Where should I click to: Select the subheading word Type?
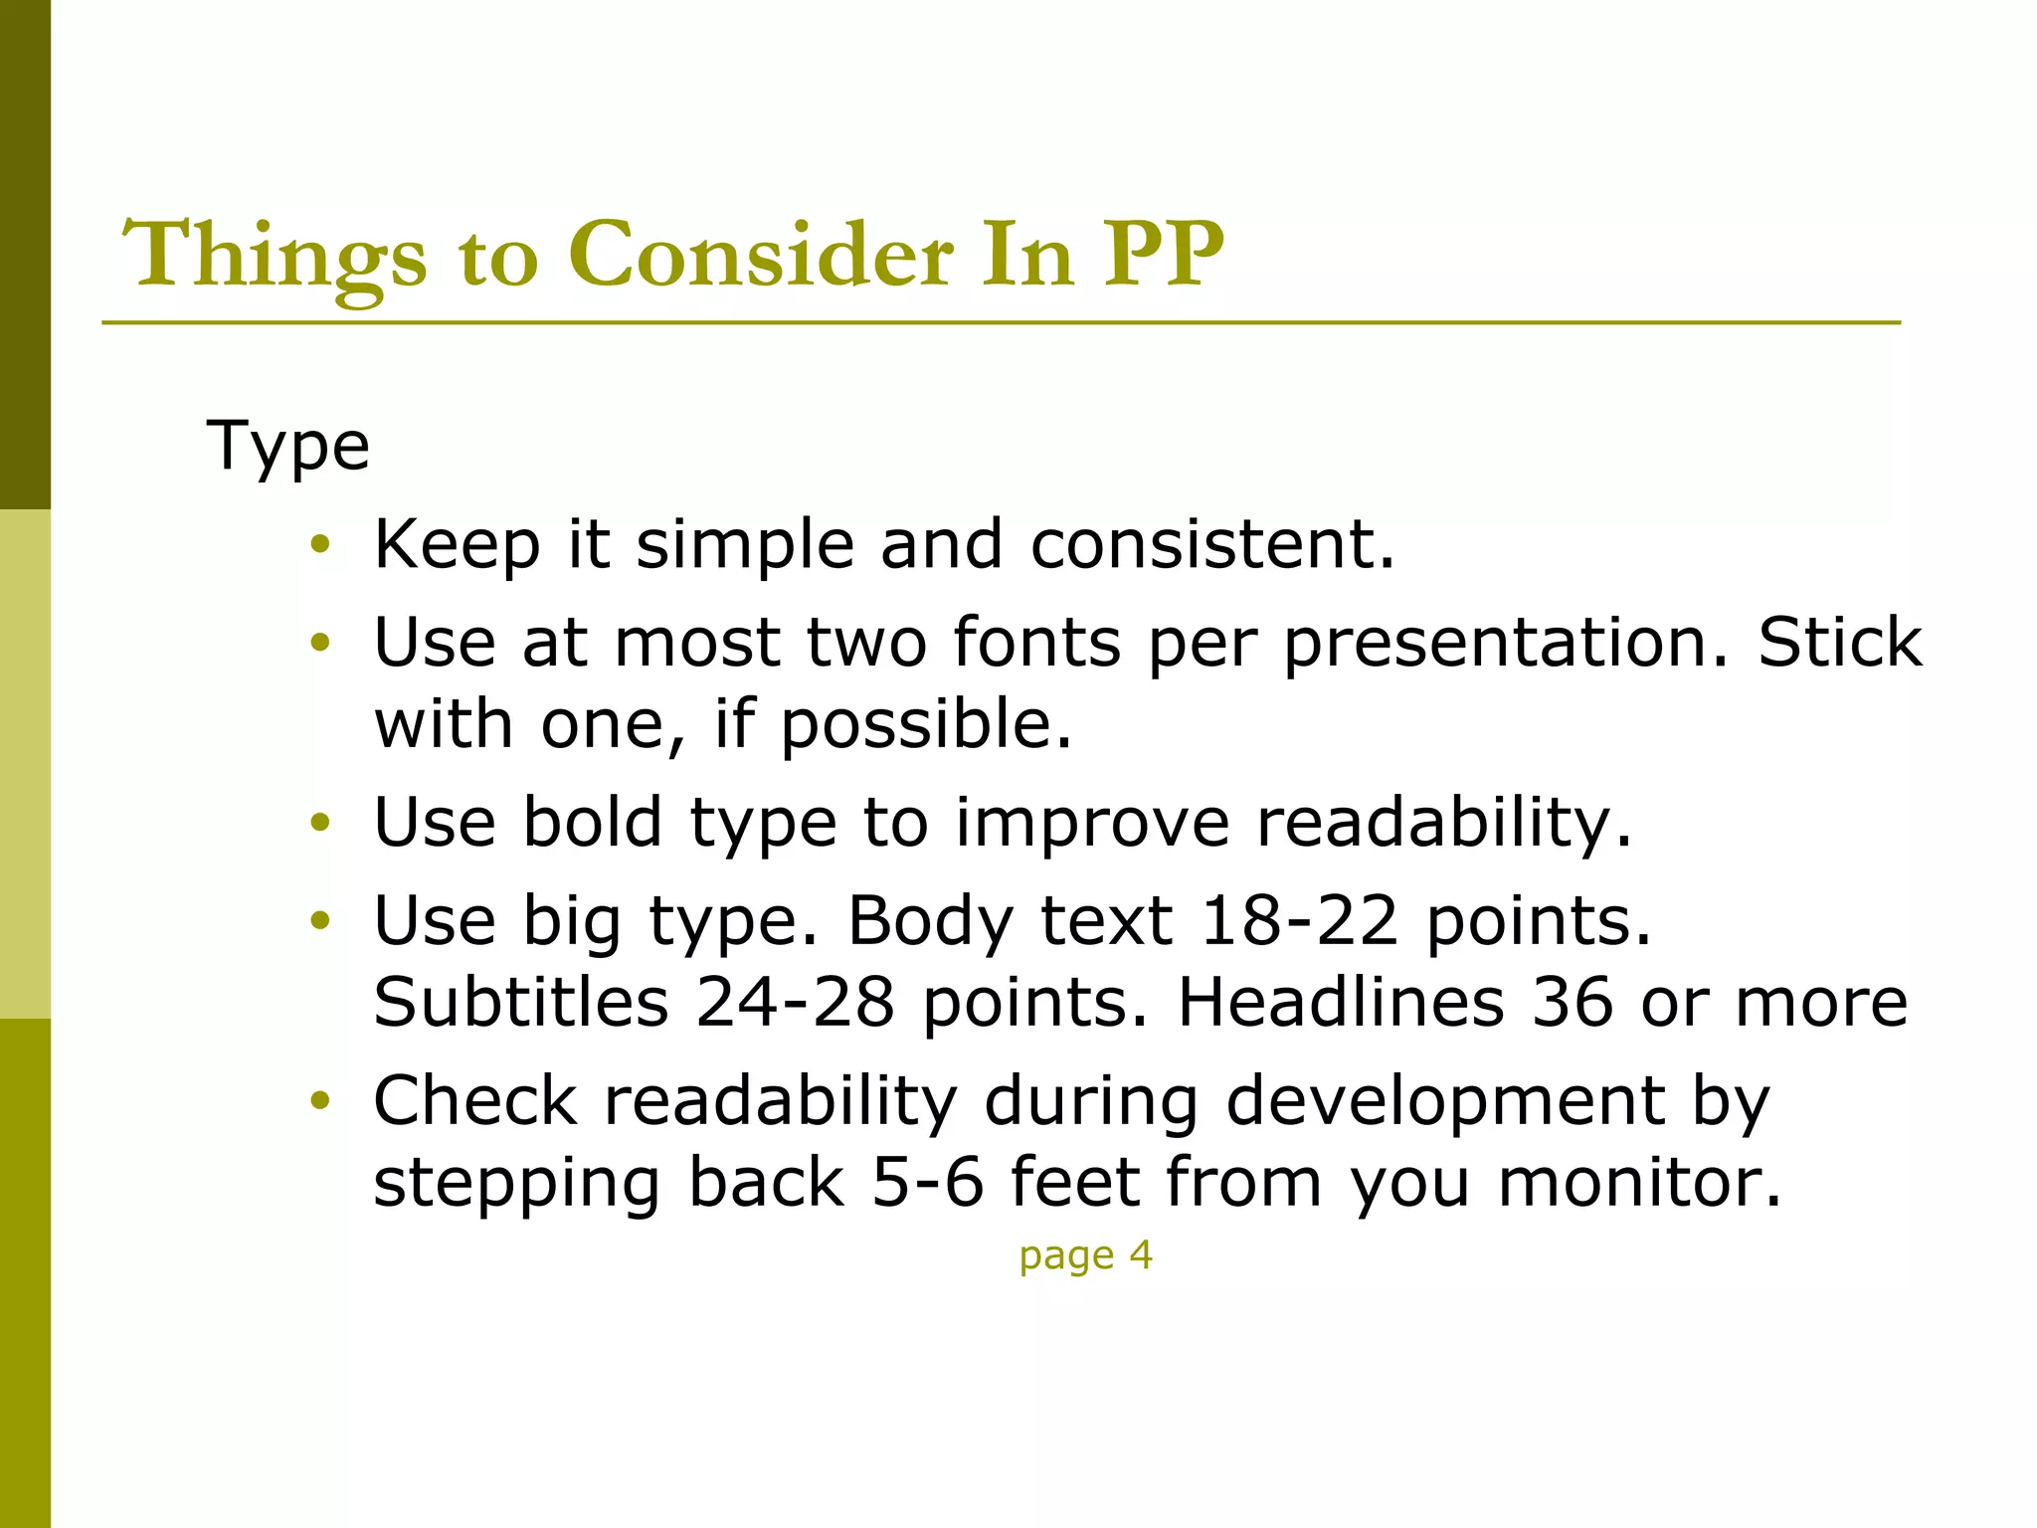point(287,447)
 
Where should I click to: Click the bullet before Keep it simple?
point(319,544)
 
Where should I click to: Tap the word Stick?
point(1839,642)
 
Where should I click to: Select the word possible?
point(925,723)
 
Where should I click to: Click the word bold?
point(592,822)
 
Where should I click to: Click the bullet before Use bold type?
point(319,823)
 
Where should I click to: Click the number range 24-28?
point(795,1002)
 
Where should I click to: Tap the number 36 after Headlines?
point(1572,1002)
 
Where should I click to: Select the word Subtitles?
point(521,1002)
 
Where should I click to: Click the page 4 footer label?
point(1085,1255)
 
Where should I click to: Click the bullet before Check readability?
point(319,1101)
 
